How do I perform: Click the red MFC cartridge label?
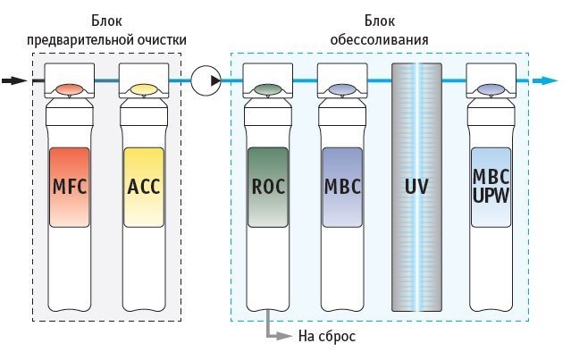[70, 187]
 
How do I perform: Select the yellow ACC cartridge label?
[144, 187]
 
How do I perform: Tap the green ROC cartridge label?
[268, 187]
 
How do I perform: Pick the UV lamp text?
[416, 187]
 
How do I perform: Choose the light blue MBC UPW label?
[491, 187]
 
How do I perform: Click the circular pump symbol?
[206, 80]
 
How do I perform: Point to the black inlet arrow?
[14, 80]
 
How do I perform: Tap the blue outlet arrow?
[545, 80]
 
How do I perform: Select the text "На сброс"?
[327, 336]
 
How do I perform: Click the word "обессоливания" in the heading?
[379, 39]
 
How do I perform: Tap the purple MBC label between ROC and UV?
[342, 187]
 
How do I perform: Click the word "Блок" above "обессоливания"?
[380, 21]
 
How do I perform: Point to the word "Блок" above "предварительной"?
[106, 21]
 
